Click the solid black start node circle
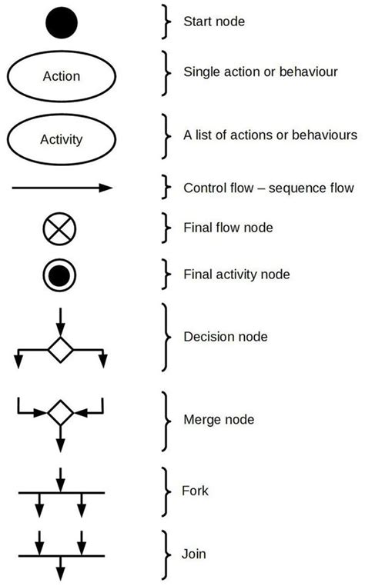(61, 22)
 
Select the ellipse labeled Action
(61, 76)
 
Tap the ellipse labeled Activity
(61, 140)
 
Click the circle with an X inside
(61, 229)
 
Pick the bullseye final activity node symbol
(61, 275)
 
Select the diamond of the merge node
(61, 413)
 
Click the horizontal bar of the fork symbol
(61, 491)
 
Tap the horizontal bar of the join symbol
(61, 554)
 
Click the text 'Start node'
(214, 22)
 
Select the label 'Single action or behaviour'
(260, 72)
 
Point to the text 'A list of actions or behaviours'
(270, 135)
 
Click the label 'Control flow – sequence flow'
(268, 188)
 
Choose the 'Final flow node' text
(228, 228)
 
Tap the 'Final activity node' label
(236, 274)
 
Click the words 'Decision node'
(226, 337)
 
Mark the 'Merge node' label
(219, 420)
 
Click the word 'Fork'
(195, 491)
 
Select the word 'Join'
(194, 553)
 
